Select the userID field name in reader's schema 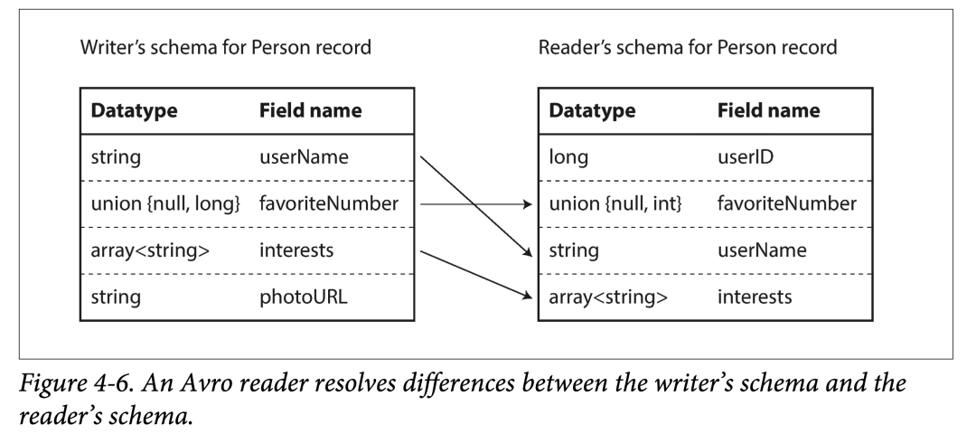tap(746, 157)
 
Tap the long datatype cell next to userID tap(568, 157)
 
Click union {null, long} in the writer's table tap(164, 204)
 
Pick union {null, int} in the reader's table tap(615, 204)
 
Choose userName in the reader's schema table tap(761, 250)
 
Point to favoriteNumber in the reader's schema tap(786, 204)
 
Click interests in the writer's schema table tap(296, 250)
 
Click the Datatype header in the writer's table tap(134, 111)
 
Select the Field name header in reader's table tap(768, 111)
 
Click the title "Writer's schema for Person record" tap(225, 47)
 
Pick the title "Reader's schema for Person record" tap(688, 47)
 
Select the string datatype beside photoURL tap(116, 297)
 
